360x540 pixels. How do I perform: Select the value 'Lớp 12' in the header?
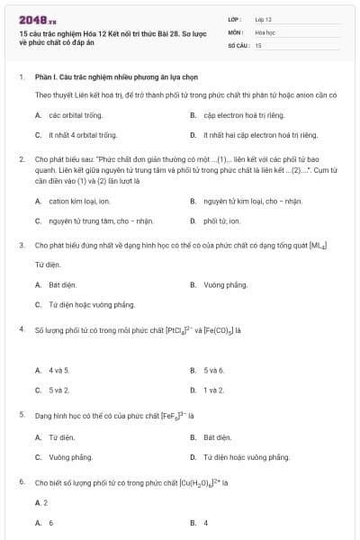(x=264, y=18)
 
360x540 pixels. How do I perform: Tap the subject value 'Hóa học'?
(x=265, y=31)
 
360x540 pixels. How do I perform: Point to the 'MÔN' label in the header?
(x=236, y=31)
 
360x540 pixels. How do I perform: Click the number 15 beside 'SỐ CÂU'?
(x=258, y=44)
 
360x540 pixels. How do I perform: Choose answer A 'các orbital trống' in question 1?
(x=76, y=115)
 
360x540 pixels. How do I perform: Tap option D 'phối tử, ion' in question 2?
(x=221, y=220)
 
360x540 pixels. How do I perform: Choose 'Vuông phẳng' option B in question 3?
(x=225, y=284)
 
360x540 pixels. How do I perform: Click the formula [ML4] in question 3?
(x=316, y=244)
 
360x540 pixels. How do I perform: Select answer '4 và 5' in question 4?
(x=59, y=370)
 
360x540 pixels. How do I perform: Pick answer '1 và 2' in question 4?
(x=213, y=390)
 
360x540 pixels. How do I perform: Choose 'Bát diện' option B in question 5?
(x=218, y=437)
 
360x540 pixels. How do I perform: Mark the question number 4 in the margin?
(x=21, y=329)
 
